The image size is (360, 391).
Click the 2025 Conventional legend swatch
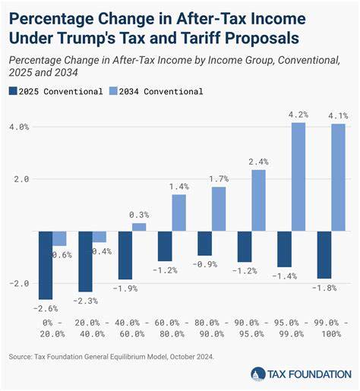click(x=13, y=91)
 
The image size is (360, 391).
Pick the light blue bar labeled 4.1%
click(x=337, y=178)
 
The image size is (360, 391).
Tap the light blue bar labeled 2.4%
click(x=257, y=200)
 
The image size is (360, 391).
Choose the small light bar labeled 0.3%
click(x=139, y=227)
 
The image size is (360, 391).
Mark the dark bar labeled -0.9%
click(x=204, y=243)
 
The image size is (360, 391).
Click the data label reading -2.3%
click(x=85, y=301)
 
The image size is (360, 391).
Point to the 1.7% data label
click(x=219, y=179)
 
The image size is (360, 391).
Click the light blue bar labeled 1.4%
click(x=178, y=213)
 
